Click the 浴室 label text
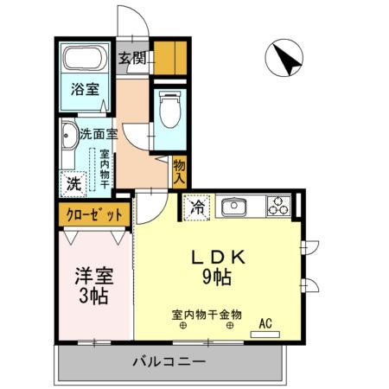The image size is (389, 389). click(x=84, y=87)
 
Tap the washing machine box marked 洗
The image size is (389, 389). click(x=74, y=183)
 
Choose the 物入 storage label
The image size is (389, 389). click(x=180, y=171)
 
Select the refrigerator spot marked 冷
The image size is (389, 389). click(x=196, y=207)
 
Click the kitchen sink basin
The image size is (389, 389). click(x=233, y=207)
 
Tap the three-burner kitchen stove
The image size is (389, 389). click(x=277, y=206)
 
